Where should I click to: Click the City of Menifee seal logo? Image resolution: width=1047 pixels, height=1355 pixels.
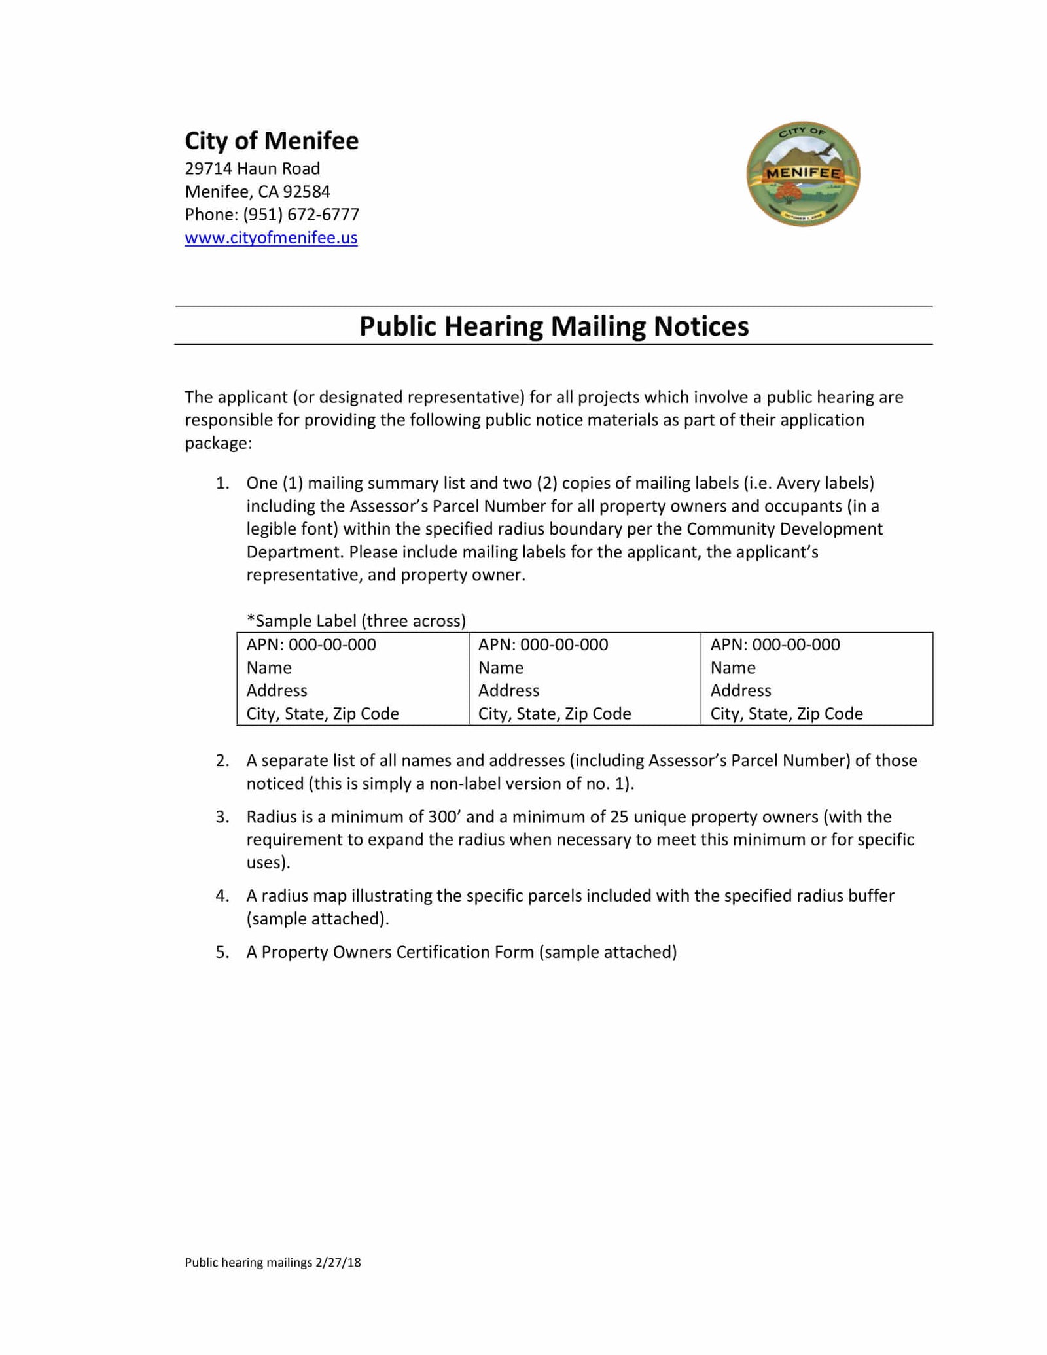[x=803, y=174]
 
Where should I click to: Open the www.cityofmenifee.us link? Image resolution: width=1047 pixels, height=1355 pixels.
[x=271, y=238]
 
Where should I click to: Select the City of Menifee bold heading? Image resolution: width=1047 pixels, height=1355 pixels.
[x=272, y=141]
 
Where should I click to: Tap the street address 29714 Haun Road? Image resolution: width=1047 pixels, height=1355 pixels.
[x=252, y=169]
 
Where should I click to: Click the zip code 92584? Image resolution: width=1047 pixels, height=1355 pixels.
[x=309, y=192]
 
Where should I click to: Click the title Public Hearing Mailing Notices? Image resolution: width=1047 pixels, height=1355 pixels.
[x=554, y=326]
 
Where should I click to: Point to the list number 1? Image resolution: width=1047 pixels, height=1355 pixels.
[x=222, y=484]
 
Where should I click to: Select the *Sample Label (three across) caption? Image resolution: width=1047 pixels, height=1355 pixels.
[x=356, y=621]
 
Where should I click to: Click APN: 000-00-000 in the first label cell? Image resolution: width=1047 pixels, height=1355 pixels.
[x=311, y=644]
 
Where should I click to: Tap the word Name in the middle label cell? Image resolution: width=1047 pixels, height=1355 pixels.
[x=501, y=668]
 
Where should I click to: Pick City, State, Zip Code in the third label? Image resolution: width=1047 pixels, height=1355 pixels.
[x=787, y=714]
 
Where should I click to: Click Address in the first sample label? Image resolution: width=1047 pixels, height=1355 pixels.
[x=276, y=691]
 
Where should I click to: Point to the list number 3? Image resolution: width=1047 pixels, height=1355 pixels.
[x=222, y=817]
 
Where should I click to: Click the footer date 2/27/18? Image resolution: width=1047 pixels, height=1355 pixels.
[x=338, y=1262]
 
